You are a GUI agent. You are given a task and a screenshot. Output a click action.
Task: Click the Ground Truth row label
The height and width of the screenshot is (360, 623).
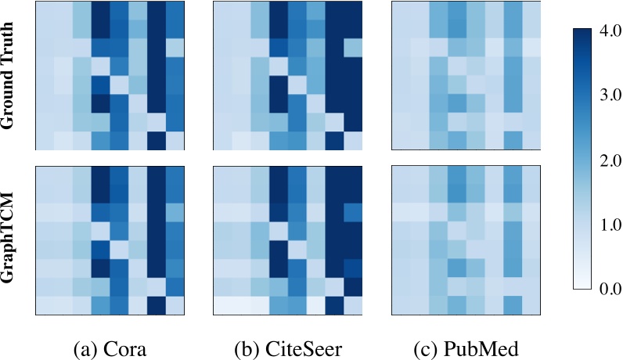(11, 75)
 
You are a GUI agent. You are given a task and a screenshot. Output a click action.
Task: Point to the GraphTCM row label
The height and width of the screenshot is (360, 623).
(11, 239)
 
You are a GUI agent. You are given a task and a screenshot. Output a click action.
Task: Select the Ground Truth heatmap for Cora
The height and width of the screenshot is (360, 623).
(110, 75)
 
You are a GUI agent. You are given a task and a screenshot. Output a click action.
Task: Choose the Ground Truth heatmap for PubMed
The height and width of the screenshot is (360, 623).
(466, 75)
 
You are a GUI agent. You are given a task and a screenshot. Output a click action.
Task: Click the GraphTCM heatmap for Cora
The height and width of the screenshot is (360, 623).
(110, 239)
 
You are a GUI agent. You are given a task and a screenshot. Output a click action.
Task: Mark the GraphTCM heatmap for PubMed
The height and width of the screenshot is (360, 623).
(466, 239)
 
